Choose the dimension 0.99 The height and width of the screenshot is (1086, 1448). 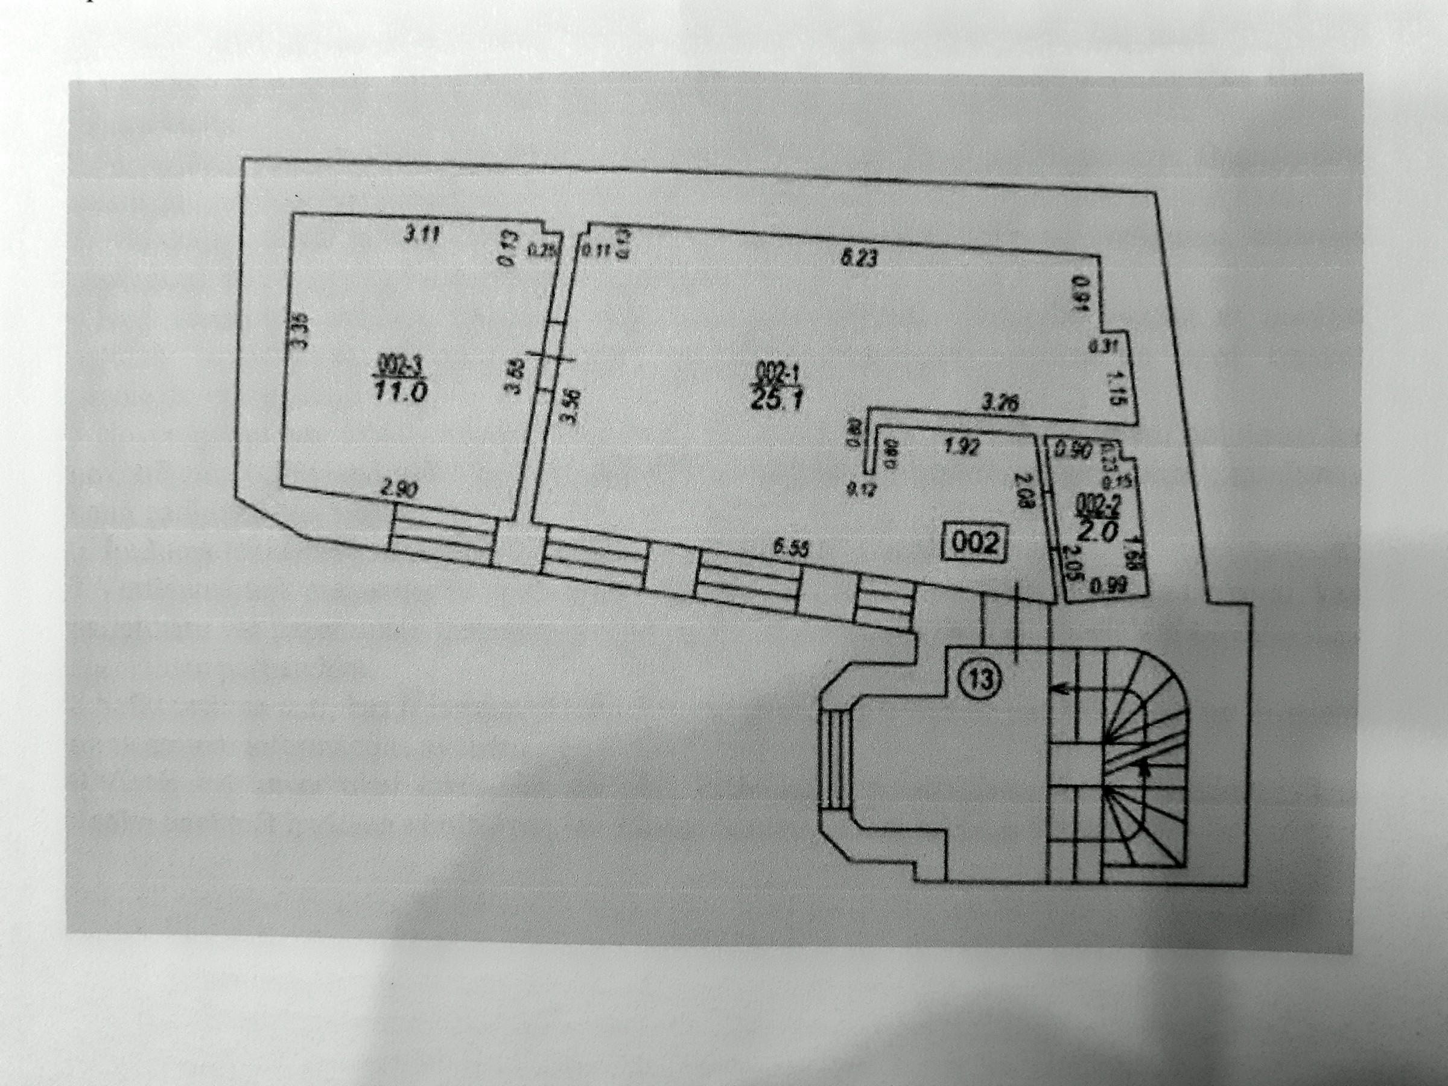pos(1103,587)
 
